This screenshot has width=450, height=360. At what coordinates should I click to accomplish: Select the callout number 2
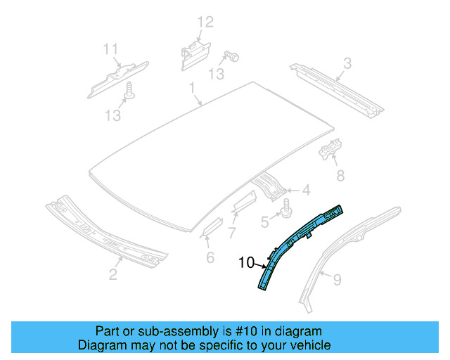click(x=113, y=274)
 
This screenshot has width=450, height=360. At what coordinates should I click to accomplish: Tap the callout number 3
click(x=347, y=65)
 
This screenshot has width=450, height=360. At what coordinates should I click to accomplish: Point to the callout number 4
click(x=306, y=189)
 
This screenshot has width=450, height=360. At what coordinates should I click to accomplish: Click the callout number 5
click(x=264, y=222)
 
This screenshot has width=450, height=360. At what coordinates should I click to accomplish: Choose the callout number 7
click(x=233, y=233)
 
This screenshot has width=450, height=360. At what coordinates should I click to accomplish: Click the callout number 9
click(x=337, y=281)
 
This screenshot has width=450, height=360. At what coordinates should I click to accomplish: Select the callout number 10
click(x=245, y=263)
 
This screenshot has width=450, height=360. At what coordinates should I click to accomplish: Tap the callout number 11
click(x=110, y=49)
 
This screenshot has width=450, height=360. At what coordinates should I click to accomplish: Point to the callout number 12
click(x=204, y=22)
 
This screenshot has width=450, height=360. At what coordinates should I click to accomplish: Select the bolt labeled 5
click(x=287, y=209)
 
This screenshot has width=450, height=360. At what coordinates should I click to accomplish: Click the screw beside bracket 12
click(x=231, y=56)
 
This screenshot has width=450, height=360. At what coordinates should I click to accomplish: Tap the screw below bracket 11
click(x=129, y=89)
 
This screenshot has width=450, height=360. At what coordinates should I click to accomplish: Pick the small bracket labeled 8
click(x=329, y=151)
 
